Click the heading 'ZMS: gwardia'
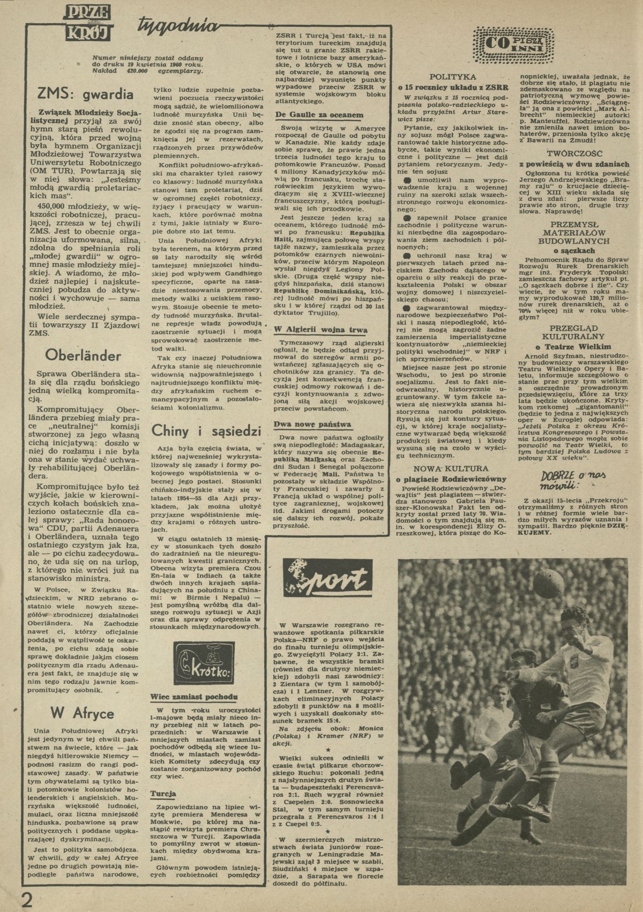(x=81, y=95)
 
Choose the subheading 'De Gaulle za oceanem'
(x=311, y=115)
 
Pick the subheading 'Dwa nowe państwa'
(x=305, y=425)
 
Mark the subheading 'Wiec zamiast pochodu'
(x=193, y=698)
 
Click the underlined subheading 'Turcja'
(x=164, y=794)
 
